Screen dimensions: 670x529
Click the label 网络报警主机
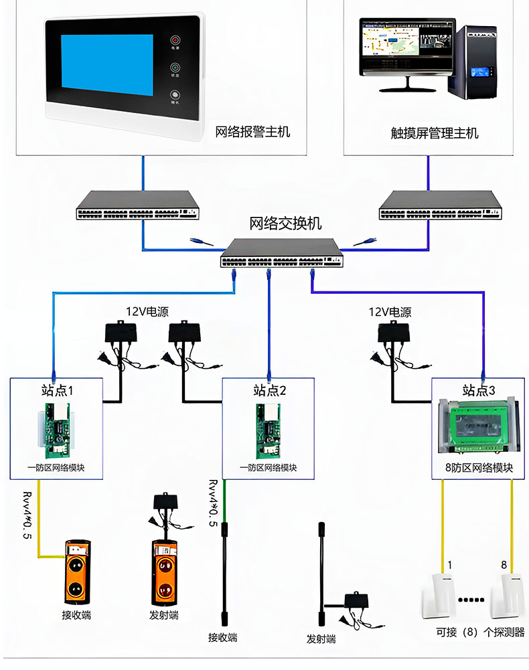[252, 132]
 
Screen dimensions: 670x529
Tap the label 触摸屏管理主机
[435, 133]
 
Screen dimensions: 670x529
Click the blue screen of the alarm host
[107, 64]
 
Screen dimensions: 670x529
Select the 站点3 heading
[478, 390]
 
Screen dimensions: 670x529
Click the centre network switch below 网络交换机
[282, 254]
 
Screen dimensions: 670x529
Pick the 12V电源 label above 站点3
[390, 312]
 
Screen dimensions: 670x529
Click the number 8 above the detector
[504, 565]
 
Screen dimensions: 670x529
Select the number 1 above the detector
[450, 565]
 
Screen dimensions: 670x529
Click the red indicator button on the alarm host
[175, 39]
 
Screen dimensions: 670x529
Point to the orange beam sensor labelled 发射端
[164, 570]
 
